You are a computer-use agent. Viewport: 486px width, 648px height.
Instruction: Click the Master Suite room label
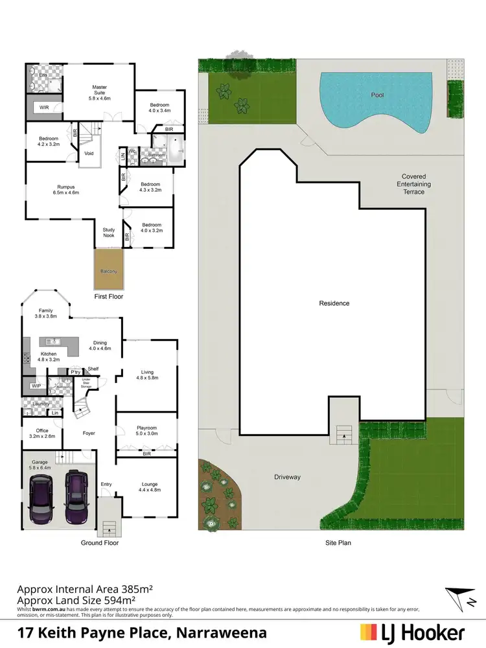click(99, 91)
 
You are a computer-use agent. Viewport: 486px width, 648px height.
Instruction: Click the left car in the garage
click(41, 500)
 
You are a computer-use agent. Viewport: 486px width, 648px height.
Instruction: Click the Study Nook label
click(108, 232)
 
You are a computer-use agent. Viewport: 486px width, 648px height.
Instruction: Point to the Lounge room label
click(149, 487)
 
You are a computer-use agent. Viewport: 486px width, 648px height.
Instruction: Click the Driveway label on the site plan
click(286, 478)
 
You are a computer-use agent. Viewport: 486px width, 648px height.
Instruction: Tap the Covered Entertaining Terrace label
click(414, 184)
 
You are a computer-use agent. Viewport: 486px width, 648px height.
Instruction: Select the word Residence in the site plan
click(334, 303)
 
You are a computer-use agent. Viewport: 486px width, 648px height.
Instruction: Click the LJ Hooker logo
click(412, 632)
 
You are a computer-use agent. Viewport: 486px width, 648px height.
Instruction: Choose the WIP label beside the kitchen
click(35, 386)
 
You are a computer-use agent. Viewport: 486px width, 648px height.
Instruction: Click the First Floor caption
click(108, 296)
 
